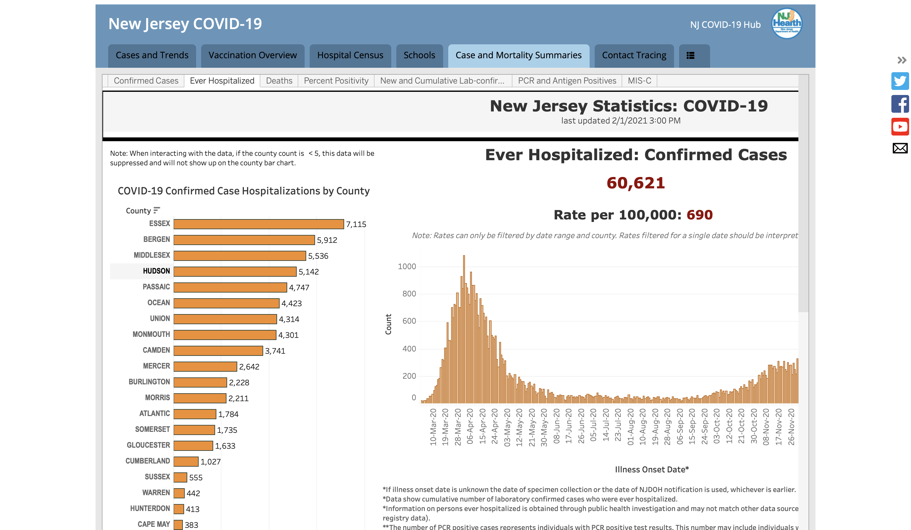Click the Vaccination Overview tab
(252, 56)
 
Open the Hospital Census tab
(350, 56)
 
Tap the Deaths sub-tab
(279, 81)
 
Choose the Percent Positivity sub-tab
(336, 81)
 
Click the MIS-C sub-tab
(639, 81)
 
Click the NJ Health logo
(787, 23)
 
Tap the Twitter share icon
(900, 81)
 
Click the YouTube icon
(900, 127)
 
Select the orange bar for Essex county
(258, 224)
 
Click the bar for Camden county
(218, 350)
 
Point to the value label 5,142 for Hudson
(308, 272)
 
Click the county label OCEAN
(158, 303)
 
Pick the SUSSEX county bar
(180, 477)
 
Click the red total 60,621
(635, 183)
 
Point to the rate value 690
(699, 215)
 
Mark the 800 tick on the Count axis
(409, 294)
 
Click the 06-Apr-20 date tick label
(470, 426)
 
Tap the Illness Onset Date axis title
(652, 470)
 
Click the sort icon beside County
(157, 210)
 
